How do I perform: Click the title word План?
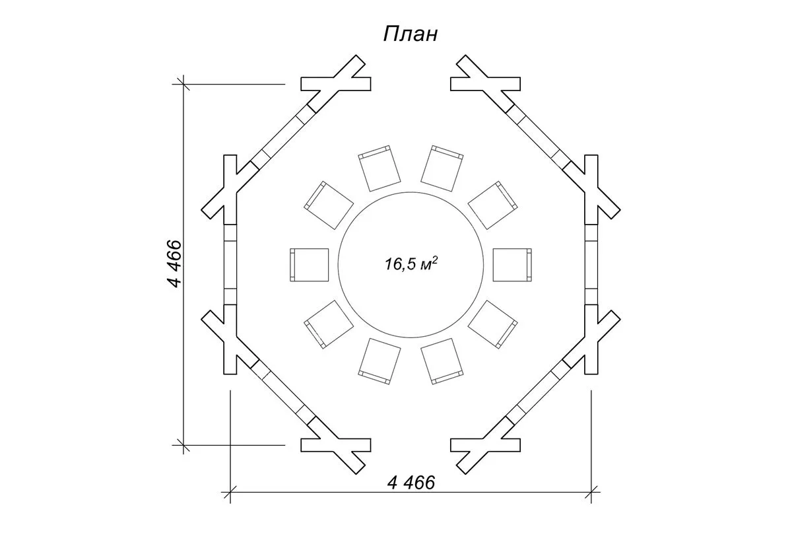point(410,34)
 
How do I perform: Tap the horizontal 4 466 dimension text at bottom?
point(412,483)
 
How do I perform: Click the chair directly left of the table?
point(310,264)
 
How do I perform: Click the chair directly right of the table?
point(512,264)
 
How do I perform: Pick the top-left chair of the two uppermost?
point(380,168)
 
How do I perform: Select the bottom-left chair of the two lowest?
point(380,361)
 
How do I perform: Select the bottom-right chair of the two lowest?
point(442,361)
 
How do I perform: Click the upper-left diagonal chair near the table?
point(329,205)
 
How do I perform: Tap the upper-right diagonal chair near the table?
point(492,205)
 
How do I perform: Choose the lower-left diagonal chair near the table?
point(329,324)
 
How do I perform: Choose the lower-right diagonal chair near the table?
point(492,324)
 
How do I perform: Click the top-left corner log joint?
point(335,83)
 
